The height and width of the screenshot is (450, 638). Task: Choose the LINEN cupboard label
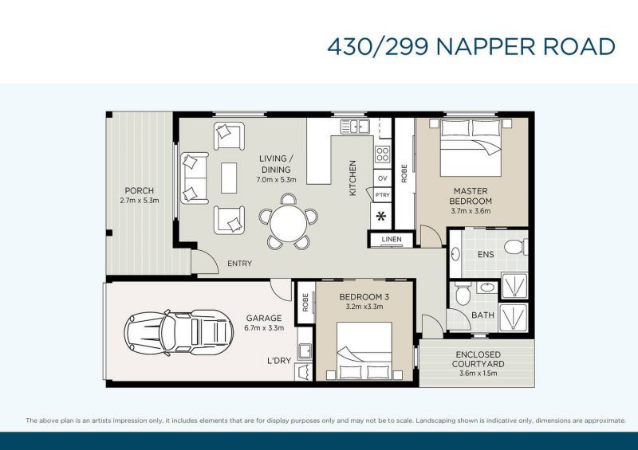(x=391, y=240)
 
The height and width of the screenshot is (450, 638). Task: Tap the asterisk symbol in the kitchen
(x=381, y=216)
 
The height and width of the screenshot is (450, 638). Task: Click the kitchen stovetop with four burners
(x=382, y=155)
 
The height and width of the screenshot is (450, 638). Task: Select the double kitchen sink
(x=356, y=126)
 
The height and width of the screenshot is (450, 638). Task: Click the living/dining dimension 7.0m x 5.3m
(x=277, y=180)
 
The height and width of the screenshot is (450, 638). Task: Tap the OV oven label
(x=382, y=178)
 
